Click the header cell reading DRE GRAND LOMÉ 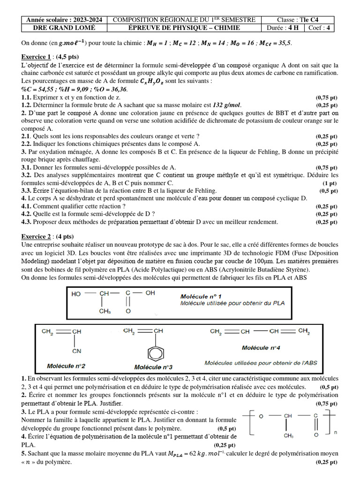point(64,28)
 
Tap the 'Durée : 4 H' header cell point(282,28)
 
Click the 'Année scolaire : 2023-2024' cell point(64,20)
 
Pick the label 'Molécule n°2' point(66,365)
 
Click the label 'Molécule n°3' point(153,367)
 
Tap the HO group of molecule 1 point(76,294)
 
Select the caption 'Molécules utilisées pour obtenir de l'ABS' point(261,363)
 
